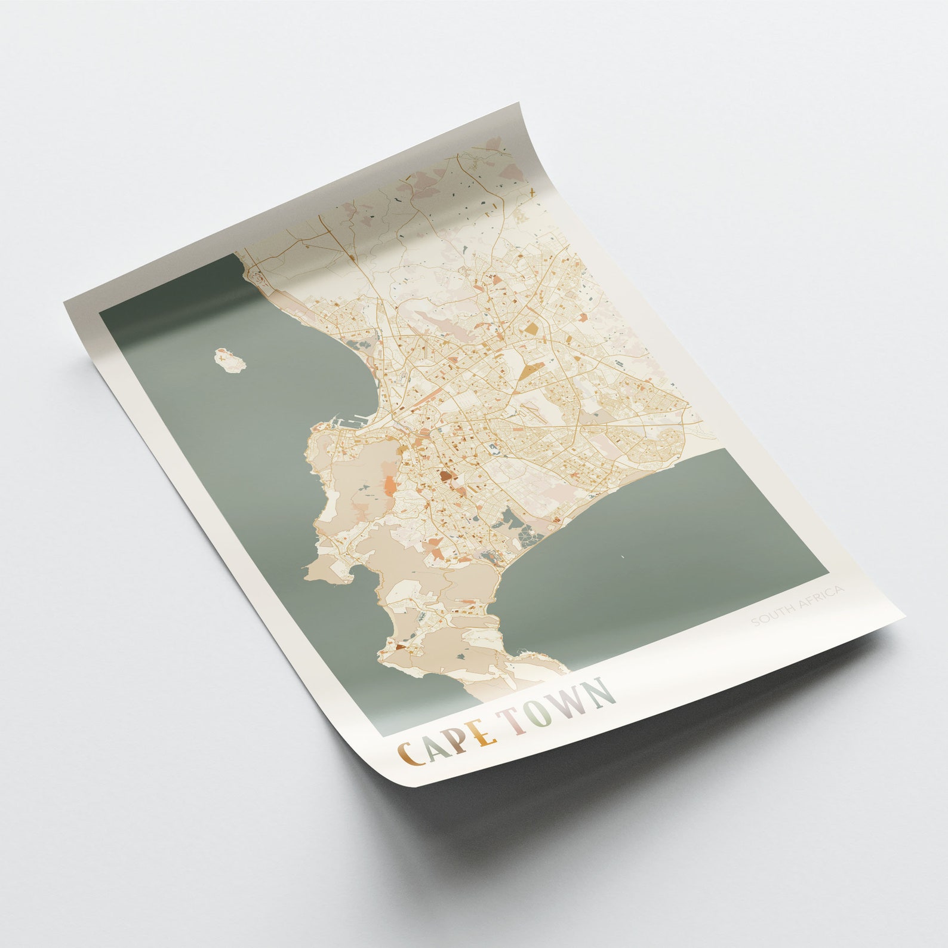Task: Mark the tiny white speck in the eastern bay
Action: pos(623,558)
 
